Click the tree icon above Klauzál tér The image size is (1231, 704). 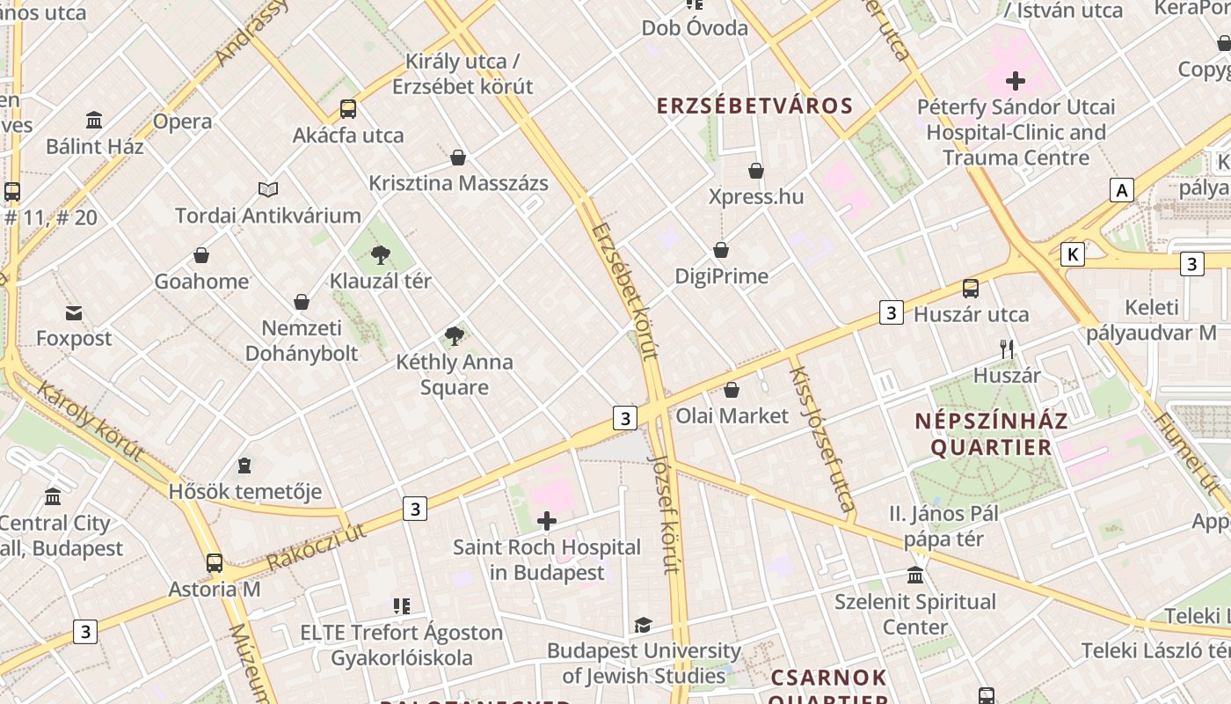381,255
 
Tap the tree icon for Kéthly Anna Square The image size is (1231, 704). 454,335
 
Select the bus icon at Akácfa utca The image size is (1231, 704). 348,109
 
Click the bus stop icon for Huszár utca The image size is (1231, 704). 971,289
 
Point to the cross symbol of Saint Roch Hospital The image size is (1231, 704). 547,521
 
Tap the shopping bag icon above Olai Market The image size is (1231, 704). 732,390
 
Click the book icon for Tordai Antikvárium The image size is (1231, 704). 268,189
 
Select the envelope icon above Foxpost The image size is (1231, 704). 74,312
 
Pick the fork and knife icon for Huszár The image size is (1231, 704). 1007,349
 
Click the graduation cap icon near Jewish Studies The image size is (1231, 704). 644,625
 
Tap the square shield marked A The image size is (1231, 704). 1121,190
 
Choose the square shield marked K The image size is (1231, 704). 1072,255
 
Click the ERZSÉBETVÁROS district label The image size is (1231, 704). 755,106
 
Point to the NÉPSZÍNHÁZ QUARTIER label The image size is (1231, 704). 991,434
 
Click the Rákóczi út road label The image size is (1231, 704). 316,546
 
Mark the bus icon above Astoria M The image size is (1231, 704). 215,563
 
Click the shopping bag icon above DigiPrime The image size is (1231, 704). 721,250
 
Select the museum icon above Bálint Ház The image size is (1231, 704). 94,120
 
